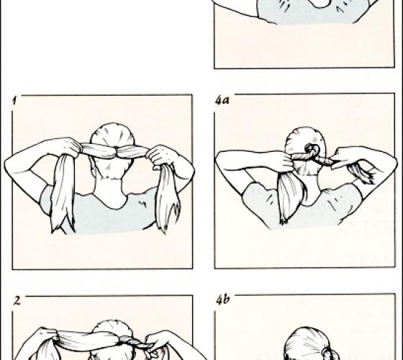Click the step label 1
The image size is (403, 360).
pos(14,101)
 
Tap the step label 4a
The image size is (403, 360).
pos(222,101)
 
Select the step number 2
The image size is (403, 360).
pos(17,300)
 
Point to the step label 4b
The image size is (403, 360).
pos(222,300)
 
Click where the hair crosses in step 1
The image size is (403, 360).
pos(117,152)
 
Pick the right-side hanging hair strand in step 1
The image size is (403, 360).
pos(168,198)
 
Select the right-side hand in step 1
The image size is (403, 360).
pos(160,156)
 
